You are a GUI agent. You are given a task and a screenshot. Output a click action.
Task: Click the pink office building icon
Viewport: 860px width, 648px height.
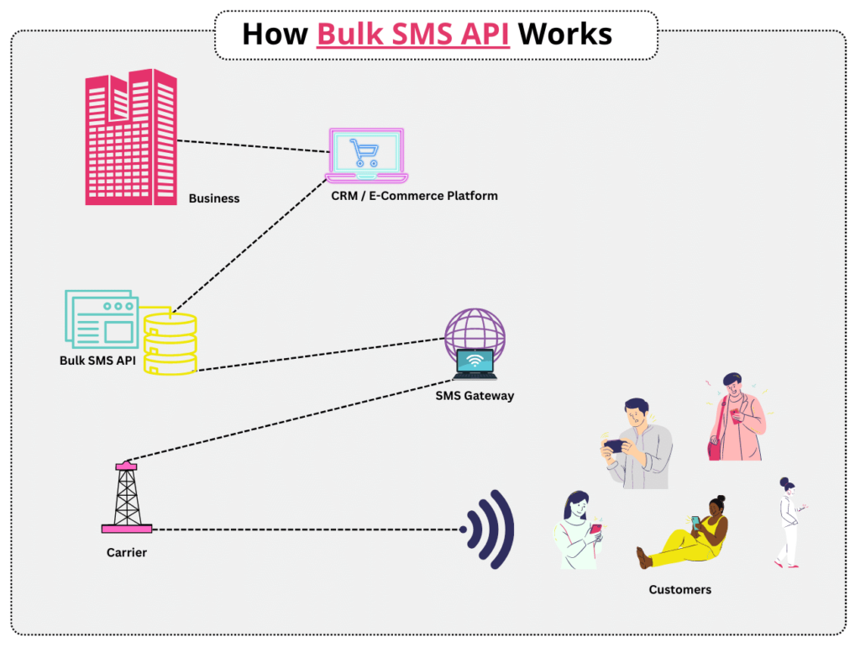coord(131,137)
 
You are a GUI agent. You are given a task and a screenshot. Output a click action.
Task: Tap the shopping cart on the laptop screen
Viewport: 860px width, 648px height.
coord(364,152)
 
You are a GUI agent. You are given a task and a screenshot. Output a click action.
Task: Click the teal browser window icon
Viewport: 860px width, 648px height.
coord(102,319)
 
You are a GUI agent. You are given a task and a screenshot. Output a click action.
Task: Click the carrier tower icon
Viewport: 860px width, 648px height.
coord(127,497)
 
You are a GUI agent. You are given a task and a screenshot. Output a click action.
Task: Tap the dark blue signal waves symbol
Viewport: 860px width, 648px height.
coord(490,529)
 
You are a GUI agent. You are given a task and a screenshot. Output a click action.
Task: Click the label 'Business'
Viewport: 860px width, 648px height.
coord(214,198)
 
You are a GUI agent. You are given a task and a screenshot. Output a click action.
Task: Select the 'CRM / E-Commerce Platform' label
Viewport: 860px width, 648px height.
coord(414,196)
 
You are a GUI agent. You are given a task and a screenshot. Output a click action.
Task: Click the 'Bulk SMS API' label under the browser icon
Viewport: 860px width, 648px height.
coord(97,361)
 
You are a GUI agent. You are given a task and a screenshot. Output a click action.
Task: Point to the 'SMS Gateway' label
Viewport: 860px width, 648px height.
coord(475,396)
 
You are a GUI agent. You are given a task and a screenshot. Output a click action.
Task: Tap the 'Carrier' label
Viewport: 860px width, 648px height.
coord(127,552)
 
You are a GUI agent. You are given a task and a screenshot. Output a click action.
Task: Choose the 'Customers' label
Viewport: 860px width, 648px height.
coord(680,590)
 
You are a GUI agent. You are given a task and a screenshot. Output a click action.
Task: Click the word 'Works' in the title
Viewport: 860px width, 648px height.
coord(565,34)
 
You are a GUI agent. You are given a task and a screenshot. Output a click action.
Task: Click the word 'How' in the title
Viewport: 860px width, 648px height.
coord(275,34)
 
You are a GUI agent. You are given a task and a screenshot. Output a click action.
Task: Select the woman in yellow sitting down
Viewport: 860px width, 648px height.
coord(683,532)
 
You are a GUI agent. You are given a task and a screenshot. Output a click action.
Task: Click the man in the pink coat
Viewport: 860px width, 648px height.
coord(736,418)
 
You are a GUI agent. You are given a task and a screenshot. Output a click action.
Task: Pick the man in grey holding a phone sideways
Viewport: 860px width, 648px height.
coord(637,443)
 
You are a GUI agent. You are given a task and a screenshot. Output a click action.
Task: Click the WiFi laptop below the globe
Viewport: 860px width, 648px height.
coord(475,364)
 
